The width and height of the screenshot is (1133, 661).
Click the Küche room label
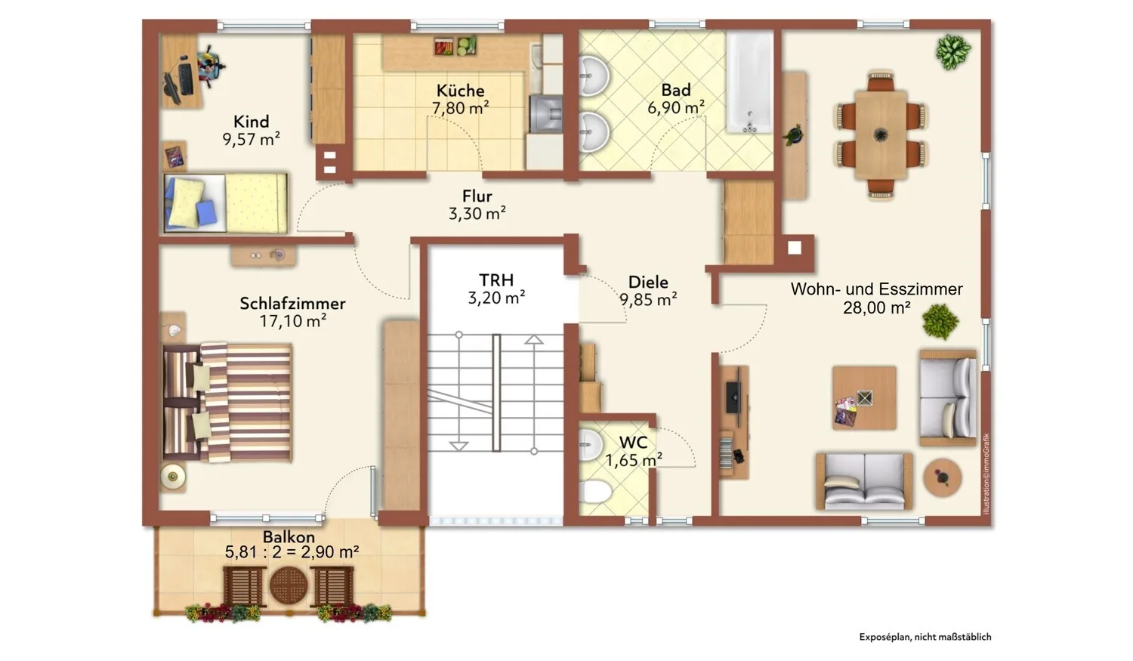pos(460,91)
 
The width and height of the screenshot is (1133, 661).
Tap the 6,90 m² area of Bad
pos(676,108)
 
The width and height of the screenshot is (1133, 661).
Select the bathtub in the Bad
pos(749,82)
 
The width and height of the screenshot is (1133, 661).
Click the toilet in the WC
pos(595,492)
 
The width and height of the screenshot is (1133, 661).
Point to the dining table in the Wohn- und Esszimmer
pos(881,134)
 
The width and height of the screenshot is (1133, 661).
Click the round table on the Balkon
pos(289,585)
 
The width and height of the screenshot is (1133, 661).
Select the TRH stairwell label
pos(496,280)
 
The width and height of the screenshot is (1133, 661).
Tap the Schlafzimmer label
pos(292,304)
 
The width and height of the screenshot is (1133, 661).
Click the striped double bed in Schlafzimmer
pos(227,403)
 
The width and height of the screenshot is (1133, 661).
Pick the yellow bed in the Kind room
pos(226,202)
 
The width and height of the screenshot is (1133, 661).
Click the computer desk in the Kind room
pos(181,71)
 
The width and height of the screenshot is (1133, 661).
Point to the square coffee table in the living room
pos(864,398)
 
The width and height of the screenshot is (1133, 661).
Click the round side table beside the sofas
pos(943,477)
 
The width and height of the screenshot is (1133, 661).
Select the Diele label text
pos(648,282)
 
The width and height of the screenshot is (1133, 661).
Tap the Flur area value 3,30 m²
pos(477,214)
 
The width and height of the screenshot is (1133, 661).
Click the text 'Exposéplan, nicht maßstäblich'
pos(925,638)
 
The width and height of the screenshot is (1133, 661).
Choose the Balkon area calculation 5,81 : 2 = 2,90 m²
pos(292,551)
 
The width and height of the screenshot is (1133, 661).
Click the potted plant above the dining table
pos(953,51)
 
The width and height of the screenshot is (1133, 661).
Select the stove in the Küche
pos(546,114)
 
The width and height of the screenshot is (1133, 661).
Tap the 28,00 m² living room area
pos(876,307)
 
